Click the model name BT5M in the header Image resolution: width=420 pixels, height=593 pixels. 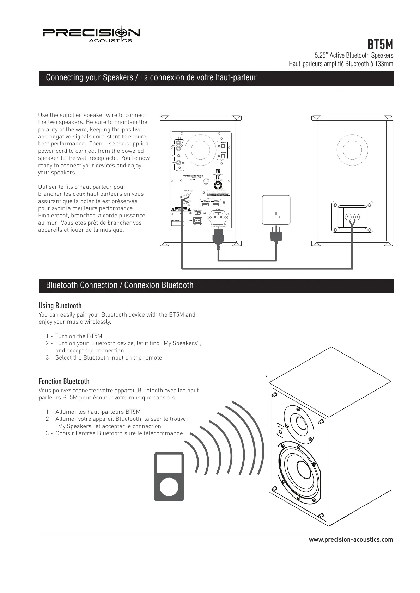(380, 45)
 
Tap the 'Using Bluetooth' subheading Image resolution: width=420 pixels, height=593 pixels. (60, 306)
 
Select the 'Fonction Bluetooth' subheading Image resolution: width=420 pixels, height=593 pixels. (64, 381)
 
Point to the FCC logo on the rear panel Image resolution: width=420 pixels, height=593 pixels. (218, 171)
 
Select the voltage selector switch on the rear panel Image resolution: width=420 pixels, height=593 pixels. (198, 213)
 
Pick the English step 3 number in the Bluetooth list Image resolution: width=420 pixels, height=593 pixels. (47, 358)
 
